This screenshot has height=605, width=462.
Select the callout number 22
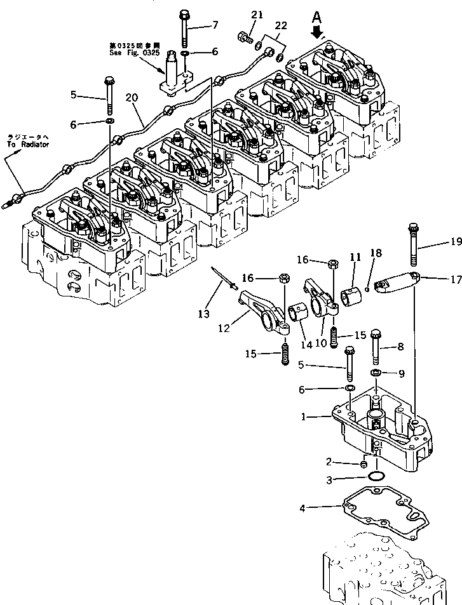pyautogui.click(x=280, y=25)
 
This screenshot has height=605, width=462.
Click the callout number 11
pyautogui.click(x=354, y=256)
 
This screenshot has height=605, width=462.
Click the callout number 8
pyautogui.click(x=400, y=347)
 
